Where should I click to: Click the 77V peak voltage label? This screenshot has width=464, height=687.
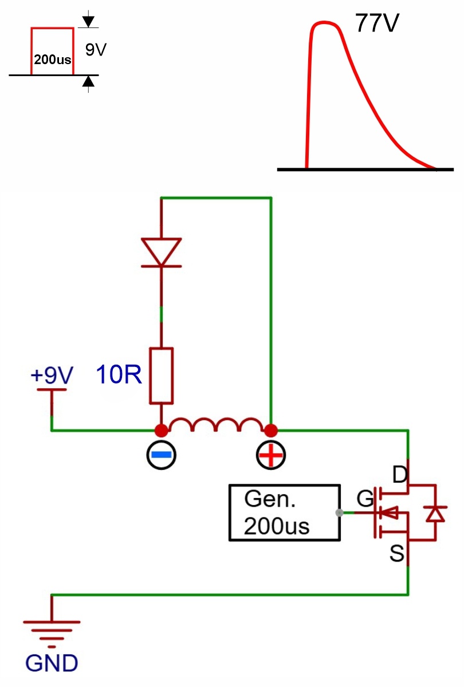[x=377, y=23]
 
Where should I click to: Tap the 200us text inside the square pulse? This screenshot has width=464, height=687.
[x=53, y=60]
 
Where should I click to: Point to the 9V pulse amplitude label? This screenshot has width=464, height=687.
[x=96, y=49]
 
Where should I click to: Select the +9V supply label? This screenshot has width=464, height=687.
[x=52, y=375]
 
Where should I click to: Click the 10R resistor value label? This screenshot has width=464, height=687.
[x=119, y=374]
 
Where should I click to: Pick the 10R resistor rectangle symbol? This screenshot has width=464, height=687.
[x=162, y=376]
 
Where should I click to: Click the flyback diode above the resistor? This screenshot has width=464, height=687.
[x=162, y=252]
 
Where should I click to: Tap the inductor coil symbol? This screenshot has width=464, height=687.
[x=216, y=424]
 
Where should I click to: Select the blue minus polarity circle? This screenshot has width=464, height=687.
[x=162, y=455]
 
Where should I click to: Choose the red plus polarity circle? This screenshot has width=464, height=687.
[x=270, y=455]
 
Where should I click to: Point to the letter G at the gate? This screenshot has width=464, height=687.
[x=365, y=499]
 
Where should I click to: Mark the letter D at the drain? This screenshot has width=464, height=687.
[x=400, y=475]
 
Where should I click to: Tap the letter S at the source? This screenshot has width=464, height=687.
[x=397, y=554]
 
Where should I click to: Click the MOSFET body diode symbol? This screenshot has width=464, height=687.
[x=435, y=514]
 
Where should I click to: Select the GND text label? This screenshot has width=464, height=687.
[x=52, y=664]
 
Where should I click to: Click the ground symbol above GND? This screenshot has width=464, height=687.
[x=52, y=631]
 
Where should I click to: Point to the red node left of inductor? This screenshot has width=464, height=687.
[x=162, y=431]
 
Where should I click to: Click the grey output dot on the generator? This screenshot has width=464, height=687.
[x=339, y=512]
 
